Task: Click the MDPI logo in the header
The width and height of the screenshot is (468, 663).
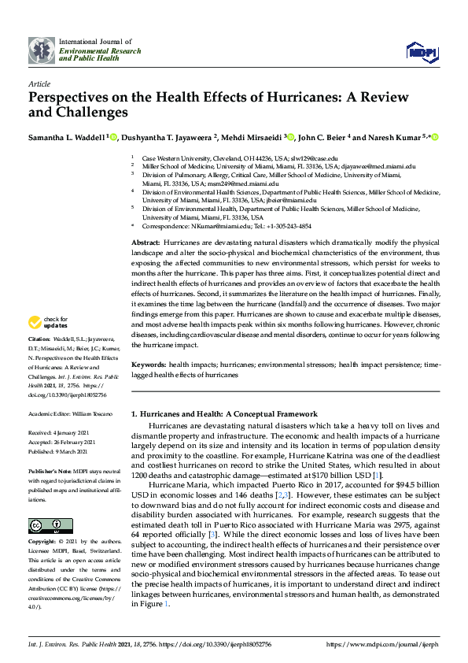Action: coord(421,51)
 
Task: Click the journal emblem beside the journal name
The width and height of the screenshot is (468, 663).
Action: coord(42,50)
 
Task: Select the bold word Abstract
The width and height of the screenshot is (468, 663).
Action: coord(146,243)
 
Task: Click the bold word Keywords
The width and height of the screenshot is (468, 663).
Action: coord(149,365)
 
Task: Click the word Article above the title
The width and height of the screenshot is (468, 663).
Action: coord(39,83)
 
